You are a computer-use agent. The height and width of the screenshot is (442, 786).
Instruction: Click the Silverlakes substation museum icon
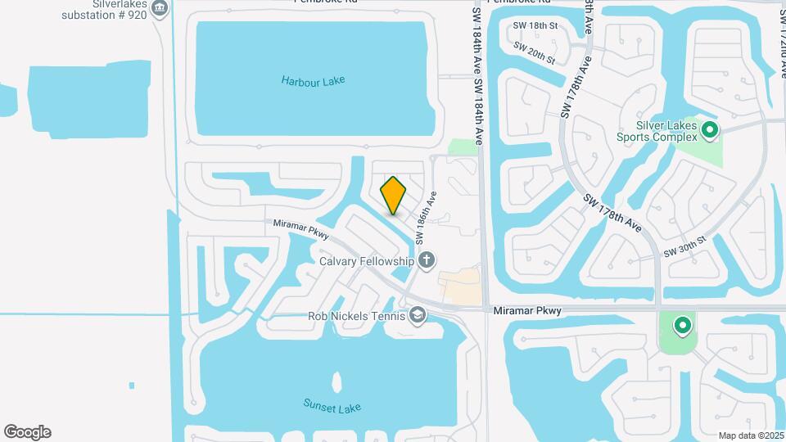160,10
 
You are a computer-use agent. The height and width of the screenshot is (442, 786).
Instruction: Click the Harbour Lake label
313,81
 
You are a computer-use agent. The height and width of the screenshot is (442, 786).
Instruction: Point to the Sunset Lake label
332,407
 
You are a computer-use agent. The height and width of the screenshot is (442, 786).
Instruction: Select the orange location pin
394,196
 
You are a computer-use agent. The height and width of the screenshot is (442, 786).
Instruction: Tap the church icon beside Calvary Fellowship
426,261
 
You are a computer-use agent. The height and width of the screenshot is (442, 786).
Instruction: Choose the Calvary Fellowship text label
366,261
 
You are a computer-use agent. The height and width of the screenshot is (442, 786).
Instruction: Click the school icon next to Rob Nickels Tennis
418,316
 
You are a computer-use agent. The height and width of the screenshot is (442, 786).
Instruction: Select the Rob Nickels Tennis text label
356,316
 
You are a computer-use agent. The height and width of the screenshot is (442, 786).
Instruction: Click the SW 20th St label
535,52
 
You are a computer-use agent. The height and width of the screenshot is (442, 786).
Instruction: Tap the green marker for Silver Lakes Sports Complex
709,130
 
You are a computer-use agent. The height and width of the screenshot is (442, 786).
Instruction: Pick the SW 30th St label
684,246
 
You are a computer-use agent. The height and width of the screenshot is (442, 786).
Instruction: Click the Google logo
27,432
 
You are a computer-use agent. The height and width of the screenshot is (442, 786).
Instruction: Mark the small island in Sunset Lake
337,382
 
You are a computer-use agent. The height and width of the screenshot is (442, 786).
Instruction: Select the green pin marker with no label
682,327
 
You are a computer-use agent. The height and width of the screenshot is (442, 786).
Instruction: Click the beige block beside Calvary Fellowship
460,287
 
